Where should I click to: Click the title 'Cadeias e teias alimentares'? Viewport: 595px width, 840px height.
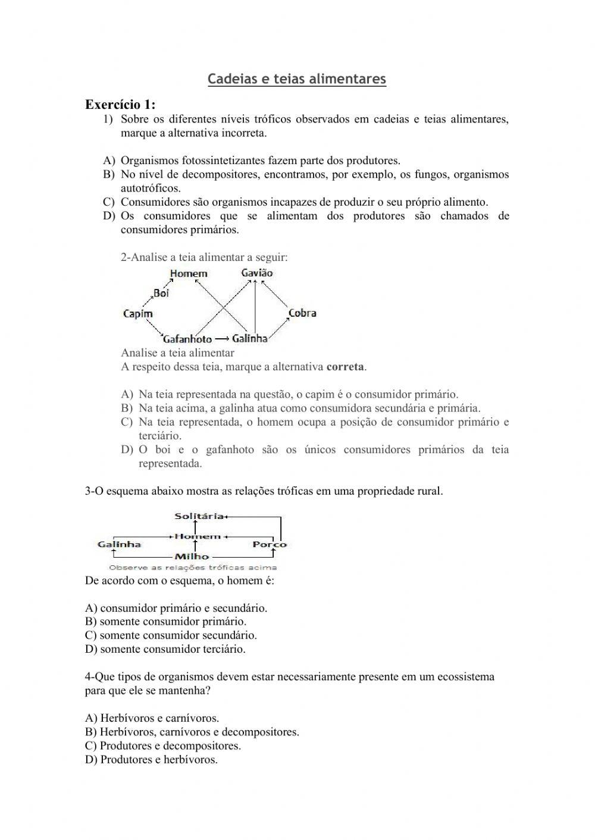pyautogui.click(x=297, y=79)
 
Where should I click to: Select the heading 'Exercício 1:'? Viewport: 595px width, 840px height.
pyautogui.click(x=120, y=105)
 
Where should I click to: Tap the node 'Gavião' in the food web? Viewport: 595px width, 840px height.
pyautogui.click(x=256, y=273)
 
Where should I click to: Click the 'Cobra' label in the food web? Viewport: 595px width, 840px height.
pyautogui.click(x=302, y=313)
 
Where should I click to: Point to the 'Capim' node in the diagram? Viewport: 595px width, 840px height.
pyautogui.click(x=137, y=313)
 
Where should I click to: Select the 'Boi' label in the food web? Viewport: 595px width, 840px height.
pyautogui.click(x=161, y=292)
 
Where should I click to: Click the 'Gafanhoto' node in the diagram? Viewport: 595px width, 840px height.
pyautogui.click(x=187, y=339)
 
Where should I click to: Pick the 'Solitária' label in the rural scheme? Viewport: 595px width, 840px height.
pyautogui.click(x=199, y=516)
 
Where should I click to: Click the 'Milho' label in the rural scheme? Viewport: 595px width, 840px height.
pyautogui.click(x=192, y=556)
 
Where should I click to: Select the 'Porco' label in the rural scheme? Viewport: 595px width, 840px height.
pyautogui.click(x=269, y=544)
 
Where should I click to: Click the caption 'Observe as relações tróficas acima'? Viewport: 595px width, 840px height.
pyautogui.click(x=193, y=568)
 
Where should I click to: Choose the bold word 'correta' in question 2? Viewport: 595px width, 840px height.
pyautogui.click(x=345, y=367)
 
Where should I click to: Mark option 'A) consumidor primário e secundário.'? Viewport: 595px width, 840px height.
pyautogui.click(x=177, y=608)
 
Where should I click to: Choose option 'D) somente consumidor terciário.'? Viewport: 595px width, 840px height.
pyautogui.click(x=165, y=649)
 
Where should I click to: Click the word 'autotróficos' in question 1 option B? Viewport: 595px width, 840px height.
pyautogui.click(x=150, y=188)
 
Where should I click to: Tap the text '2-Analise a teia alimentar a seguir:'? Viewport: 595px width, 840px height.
pyautogui.click(x=204, y=257)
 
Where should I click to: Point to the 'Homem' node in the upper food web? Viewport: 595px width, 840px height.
pyautogui.click(x=189, y=273)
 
